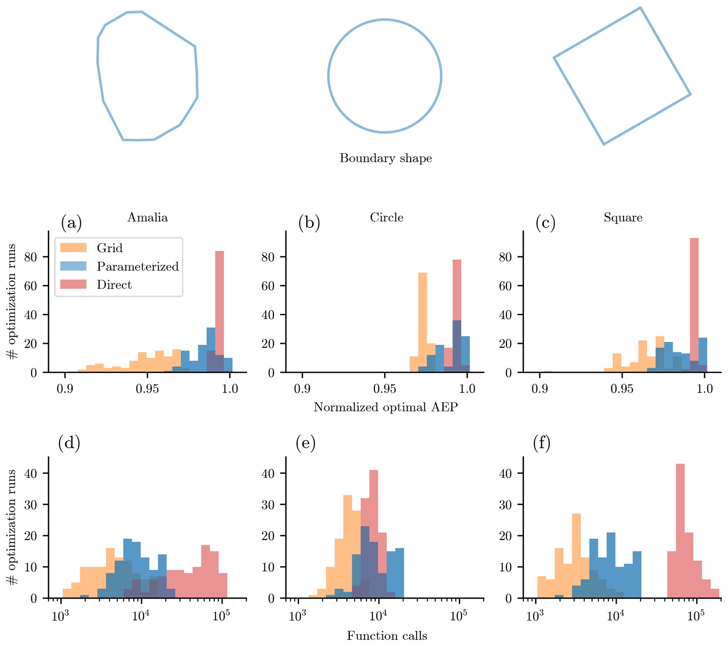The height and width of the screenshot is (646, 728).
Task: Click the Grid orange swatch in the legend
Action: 73,248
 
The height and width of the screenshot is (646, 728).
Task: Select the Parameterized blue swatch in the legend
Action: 73,266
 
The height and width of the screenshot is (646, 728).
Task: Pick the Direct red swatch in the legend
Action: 73,284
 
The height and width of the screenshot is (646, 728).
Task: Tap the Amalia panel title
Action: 148,217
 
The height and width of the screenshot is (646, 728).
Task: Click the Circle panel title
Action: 386,217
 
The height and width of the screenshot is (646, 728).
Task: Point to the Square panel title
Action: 623,217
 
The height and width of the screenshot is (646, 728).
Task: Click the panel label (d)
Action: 69,443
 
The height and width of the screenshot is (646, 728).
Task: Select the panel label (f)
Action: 542,443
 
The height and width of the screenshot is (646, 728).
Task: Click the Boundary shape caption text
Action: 386,158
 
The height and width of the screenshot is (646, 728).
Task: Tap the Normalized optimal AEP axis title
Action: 386,407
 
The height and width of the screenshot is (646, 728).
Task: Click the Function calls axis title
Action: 387,635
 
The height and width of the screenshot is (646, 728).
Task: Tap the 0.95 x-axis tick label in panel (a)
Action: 147,389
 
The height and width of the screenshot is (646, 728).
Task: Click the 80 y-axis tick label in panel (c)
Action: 505,257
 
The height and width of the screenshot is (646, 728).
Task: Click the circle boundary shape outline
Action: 328,76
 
